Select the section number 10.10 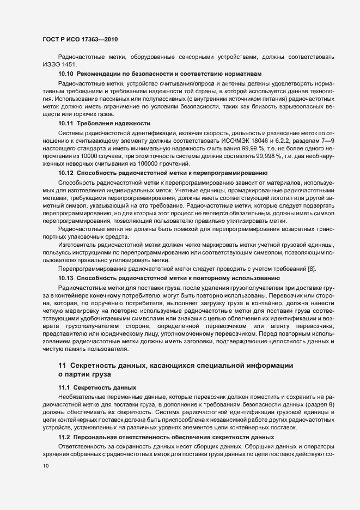65,72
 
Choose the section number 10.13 65,277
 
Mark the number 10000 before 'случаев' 96,155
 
